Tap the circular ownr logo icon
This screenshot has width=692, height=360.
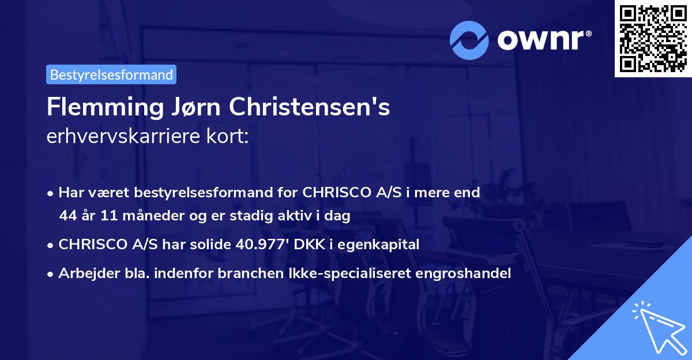click(470, 40)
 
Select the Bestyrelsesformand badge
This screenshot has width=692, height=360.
click(111, 74)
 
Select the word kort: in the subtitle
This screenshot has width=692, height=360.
click(231, 137)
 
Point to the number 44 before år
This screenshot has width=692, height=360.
click(67, 216)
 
